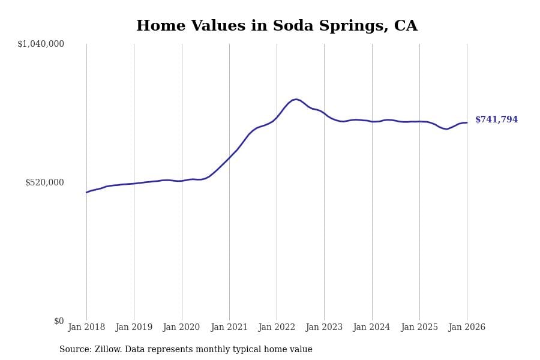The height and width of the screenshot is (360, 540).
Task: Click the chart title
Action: coord(277,26)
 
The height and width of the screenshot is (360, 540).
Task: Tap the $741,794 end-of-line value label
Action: coord(496,120)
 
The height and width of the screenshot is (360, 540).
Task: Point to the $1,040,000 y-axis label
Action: coord(41,44)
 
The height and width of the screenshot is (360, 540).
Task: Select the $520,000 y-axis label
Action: coord(44,182)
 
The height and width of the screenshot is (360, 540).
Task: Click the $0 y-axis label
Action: coord(59,321)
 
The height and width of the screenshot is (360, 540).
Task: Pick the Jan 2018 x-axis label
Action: coord(86,328)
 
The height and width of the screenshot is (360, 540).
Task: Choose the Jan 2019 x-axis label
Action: coord(134,328)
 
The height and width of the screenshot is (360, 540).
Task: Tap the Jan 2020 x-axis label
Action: coord(181,328)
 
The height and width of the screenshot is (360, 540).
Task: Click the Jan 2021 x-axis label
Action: coord(229,328)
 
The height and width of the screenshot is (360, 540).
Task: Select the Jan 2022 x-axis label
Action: coord(277,328)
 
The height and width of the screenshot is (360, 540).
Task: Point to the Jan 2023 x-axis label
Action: coord(324,328)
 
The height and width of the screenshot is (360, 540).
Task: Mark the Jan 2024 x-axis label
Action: coord(371,328)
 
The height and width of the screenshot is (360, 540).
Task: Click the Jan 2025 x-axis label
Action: coord(419,328)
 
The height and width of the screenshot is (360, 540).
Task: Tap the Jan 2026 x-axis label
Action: coord(467,328)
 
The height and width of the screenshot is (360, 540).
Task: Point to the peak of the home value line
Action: coord(296,99)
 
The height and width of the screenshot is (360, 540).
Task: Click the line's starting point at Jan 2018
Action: coord(86,193)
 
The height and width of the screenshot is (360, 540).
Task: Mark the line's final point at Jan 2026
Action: coord(467,122)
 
